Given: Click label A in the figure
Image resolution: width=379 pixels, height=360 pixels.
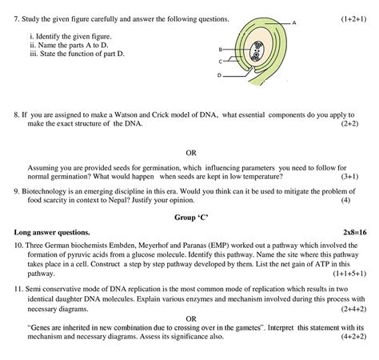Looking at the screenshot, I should (x=294, y=23).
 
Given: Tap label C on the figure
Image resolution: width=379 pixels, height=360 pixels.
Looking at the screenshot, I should (x=219, y=61).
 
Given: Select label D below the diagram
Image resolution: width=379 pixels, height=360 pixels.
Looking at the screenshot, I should (x=219, y=75).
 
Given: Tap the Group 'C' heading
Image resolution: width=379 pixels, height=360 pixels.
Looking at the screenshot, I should (x=189, y=217).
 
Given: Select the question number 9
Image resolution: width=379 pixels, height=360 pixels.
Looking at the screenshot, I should (x=16, y=190).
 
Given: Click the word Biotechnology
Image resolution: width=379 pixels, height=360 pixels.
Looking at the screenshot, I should (x=48, y=190).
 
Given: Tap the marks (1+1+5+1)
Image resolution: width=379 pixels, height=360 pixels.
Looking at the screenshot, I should (x=344, y=273).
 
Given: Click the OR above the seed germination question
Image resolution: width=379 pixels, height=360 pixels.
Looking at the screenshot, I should (x=190, y=152).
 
